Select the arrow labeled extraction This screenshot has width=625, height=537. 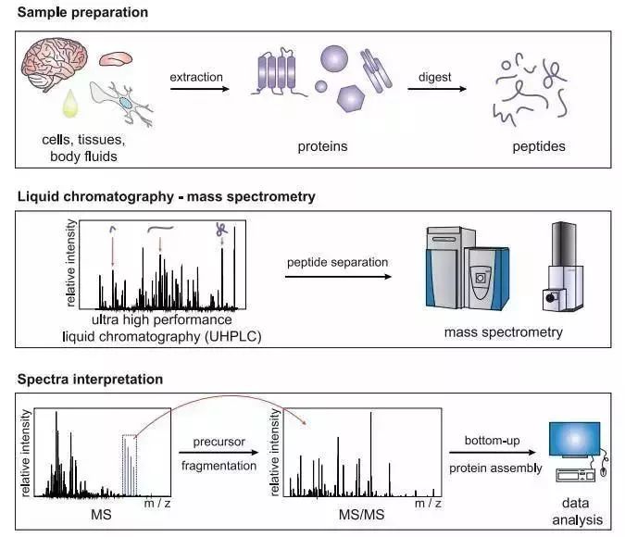click(x=196, y=90)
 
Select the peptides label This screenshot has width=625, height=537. click(x=538, y=146)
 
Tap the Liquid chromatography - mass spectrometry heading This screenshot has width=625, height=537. click(x=166, y=196)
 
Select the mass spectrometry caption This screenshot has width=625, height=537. click(x=503, y=331)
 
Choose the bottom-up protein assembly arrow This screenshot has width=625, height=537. click(x=496, y=455)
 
